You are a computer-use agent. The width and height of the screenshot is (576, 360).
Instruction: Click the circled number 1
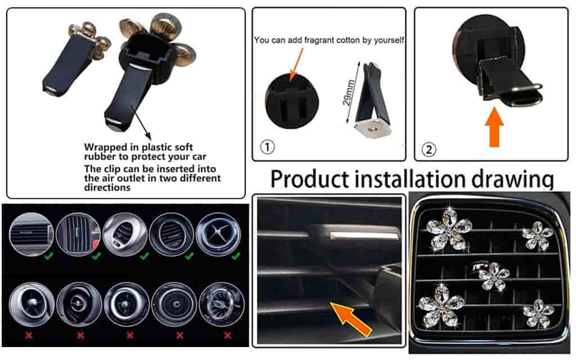coord(267,147)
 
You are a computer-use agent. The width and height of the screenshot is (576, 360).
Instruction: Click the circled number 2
coord(429,150)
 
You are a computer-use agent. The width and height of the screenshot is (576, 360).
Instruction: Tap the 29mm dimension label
coord(349,93)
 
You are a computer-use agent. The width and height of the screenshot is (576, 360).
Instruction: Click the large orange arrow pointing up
coord(494,127)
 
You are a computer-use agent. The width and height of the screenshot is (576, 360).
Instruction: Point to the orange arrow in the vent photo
coord(350,318)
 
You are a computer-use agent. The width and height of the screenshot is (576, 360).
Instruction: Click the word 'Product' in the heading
coord(310,179)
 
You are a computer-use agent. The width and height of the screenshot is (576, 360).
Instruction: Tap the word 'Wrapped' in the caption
coord(105,147)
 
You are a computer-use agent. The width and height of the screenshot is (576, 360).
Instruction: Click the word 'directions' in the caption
coord(107,187)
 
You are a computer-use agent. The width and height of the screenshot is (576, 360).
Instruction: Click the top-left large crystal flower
coord(449,229)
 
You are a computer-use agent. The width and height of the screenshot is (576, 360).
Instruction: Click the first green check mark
coord(48,256)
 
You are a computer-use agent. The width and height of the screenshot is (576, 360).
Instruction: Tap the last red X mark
coord(228,335)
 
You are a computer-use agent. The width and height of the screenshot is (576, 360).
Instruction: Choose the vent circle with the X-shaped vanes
coord(218,234)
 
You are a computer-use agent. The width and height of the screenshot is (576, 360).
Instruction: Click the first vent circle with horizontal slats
coord(31,235)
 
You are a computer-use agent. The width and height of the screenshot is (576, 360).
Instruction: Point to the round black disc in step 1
coord(292,101)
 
